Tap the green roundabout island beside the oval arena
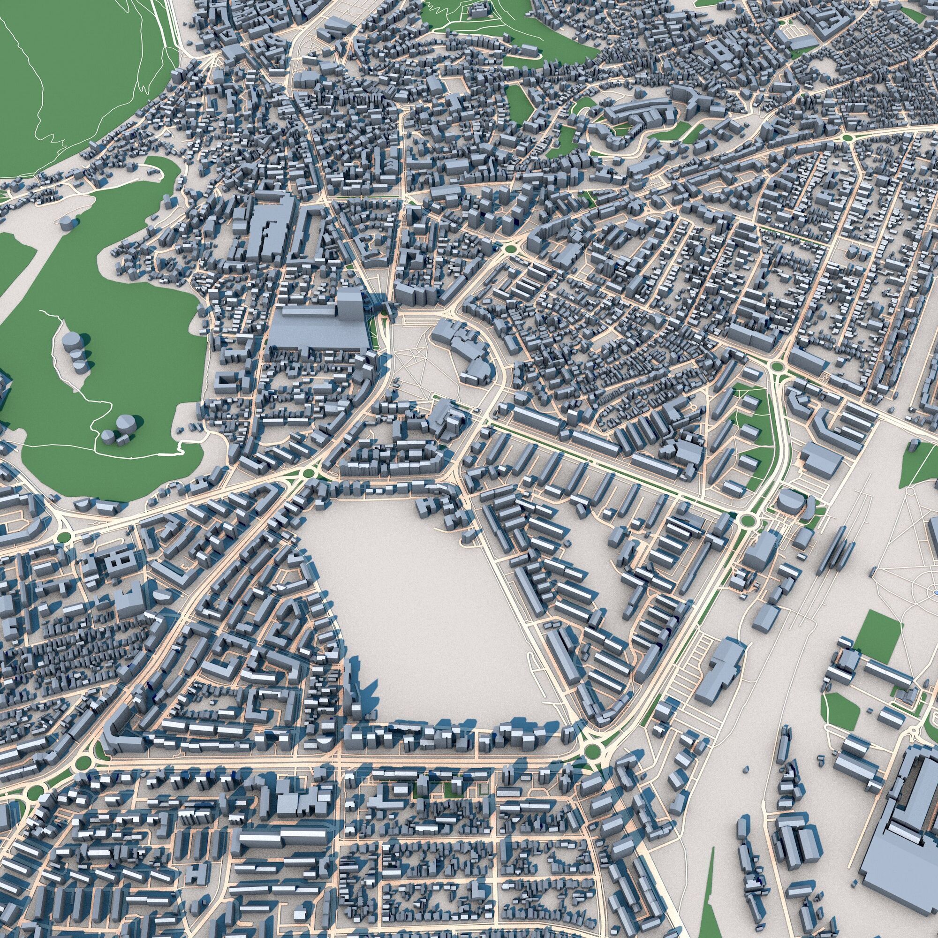tap(748, 521)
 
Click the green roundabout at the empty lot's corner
tap(591, 751)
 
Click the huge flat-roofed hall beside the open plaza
tap(316, 330)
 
